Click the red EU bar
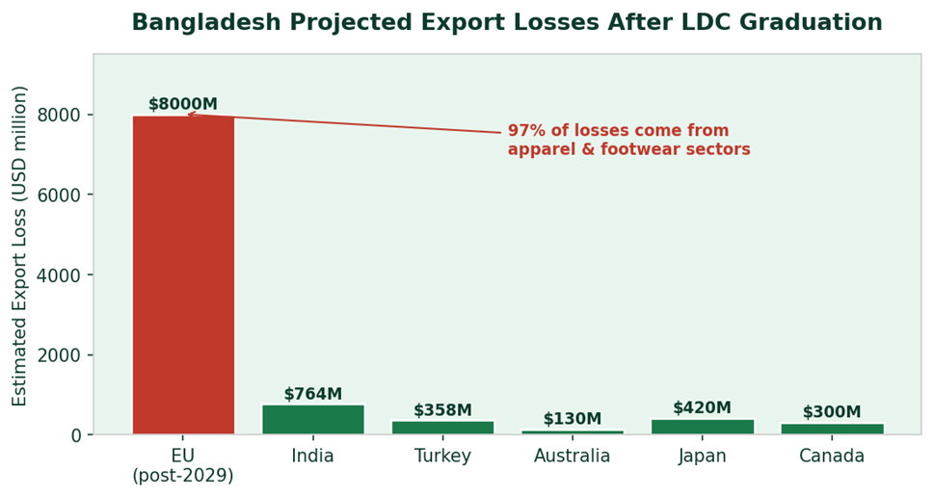pyautogui.click(x=183, y=275)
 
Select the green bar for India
pyautogui.click(x=313, y=420)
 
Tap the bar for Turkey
pyautogui.click(x=443, y=428)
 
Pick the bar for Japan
pyautogui.click(x=702, y=427)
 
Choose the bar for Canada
pyautogui.click(x=832, y=429)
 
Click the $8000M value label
pyautogui.click(x=183, y=104)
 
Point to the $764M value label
pyautogui.click(x=313, y=394)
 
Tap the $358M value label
pyautogui.click(x=443, y=410)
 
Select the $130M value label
pyautogui.click(x=573, y=419)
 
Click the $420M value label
pyautogui.click(x=702, y=407)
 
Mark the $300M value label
pyautogui.click(x=832, y=412)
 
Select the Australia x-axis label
pyautogui.click(x=573, y=457)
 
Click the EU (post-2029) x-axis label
pyautogui.click(x=183, y=465)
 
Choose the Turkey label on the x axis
pyautogui.click(x=443, y=457)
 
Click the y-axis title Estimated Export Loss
pyautogui.click(x=20, y=245)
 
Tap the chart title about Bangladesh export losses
pyautogui.click(x=507, y=23)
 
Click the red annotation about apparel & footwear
pyautogui.click(x=628, y=140)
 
